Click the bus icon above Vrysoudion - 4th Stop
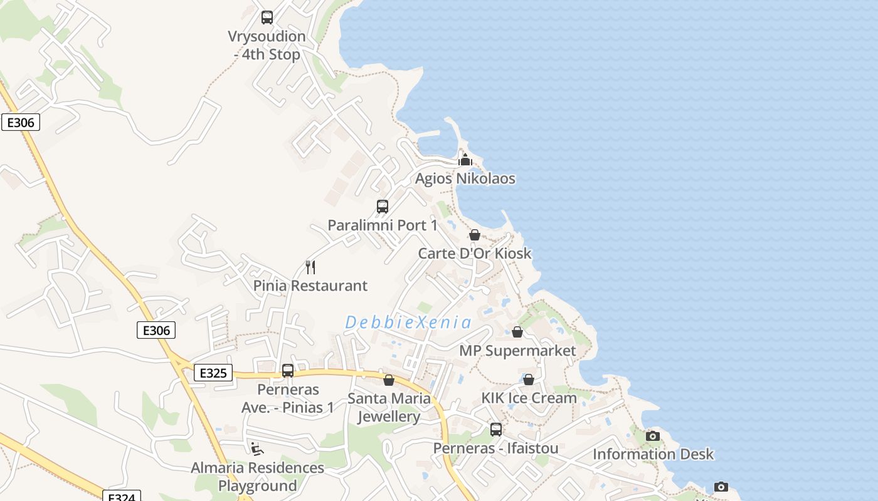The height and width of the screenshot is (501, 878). coord(267,18)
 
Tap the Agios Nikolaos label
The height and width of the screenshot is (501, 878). coord(465,178)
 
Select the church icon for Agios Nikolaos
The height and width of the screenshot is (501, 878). coord(465,160)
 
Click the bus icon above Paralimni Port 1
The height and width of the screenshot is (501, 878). coord(382,207)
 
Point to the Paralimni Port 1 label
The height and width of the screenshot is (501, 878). coord(382,225)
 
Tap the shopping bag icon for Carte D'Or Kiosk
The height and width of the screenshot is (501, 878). coord(475,235)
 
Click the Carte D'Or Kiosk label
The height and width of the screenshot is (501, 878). coord(475,254)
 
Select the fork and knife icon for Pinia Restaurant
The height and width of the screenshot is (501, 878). coord(310,267)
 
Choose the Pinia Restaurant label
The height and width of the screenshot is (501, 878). coord(310,286)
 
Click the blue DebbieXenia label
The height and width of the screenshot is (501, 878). coord(408,323)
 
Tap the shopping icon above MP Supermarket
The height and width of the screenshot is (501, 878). coord(517,332)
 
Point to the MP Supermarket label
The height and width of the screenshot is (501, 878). coord(517,351)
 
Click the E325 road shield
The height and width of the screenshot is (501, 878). coord(213,373)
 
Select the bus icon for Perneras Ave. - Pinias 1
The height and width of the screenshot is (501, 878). coord(288,371)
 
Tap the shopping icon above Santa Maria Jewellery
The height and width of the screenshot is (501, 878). coord(389,380)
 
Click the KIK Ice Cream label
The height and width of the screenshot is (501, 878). coord(529,398)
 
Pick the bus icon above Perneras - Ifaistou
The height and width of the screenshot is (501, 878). coord(496,430)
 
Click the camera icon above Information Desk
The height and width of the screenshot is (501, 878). coord(653,436)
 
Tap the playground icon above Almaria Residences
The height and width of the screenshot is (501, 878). coord(257,449)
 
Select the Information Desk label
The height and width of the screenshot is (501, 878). coord(653,454)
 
